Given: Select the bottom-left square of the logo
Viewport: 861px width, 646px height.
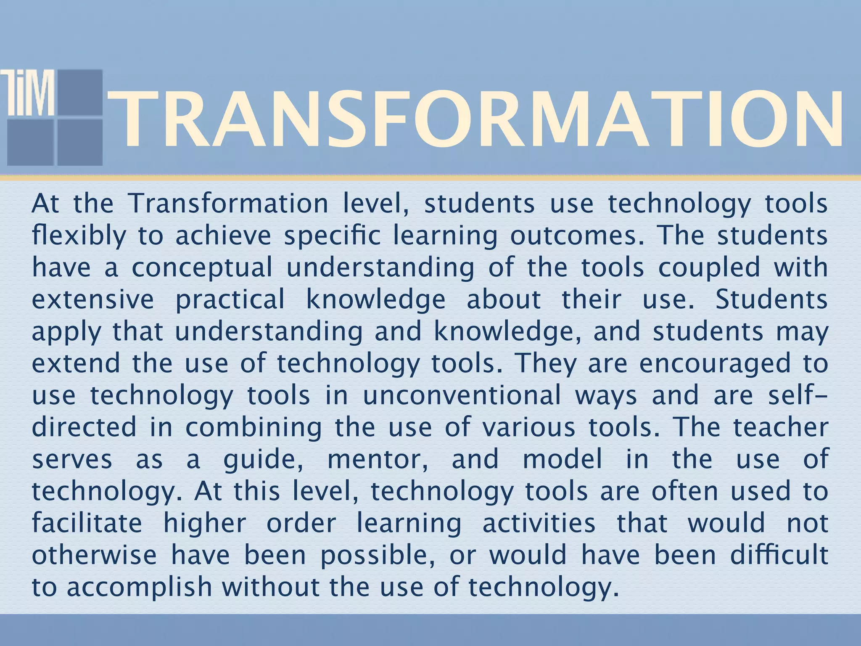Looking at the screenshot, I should point(30,142).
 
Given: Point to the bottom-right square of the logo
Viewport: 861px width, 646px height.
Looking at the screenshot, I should point(80,142).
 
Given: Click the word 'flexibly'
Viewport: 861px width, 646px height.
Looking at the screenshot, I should point(79,236).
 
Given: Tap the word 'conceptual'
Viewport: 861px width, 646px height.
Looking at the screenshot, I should point(202,268).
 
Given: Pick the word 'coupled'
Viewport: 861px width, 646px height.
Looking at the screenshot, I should point(709,268).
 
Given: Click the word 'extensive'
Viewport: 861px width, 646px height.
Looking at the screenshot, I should point(93,299).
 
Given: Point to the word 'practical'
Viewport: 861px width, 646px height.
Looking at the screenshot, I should point(230,300).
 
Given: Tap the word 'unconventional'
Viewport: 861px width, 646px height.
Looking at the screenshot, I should point(462,395).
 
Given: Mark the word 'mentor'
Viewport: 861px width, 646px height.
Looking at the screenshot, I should point(378,459).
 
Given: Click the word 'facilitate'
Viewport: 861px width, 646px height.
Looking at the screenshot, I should point(87,523).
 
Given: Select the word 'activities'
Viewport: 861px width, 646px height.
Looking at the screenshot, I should point(539,523).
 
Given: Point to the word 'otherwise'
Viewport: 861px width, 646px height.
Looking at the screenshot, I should point(94,555).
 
